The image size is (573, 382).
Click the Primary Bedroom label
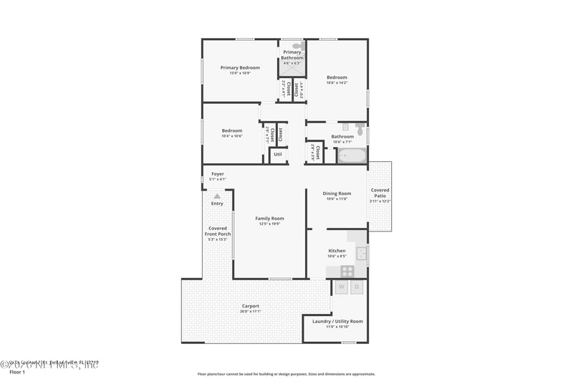(x=240, y=68)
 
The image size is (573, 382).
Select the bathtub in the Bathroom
(x=352, y=156)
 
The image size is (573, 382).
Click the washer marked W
(x=341, y=287)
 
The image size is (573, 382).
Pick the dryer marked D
(x=357, y=287)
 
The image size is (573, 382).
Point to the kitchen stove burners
(x=347, y=271)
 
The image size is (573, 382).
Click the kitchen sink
(x=362, y=252)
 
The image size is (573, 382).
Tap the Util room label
(x=278, y=154)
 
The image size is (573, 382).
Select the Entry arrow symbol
(x=217, y=195)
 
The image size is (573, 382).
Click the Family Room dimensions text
(x=269, y=224)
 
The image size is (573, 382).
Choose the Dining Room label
(x=337, y=194)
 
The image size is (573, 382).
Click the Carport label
(x=250, y=306)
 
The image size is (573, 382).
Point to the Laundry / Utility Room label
(x=337, y=321)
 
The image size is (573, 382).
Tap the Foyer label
(x=218, y=174)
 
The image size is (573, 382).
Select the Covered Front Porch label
(x=218, y=231)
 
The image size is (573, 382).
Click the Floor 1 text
(x=17, y=372)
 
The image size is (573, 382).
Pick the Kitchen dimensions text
(x=337, y=256)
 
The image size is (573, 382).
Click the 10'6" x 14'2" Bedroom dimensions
(x=337, y=82)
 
